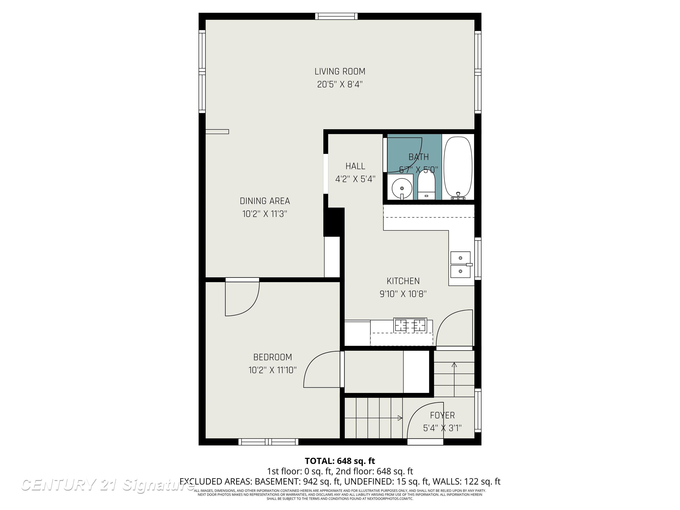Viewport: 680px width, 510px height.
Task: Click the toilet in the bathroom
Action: click(x=426, y=186)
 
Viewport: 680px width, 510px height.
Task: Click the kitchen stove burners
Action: click(x=410, y=325)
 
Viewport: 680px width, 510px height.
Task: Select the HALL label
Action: click(x=355, y=166)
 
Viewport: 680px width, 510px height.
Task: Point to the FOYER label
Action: click(x=442, y=415)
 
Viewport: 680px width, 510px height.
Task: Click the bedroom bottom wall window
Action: click(x=268, y=442)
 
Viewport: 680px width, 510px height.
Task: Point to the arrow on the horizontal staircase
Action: click(x=400, y=418)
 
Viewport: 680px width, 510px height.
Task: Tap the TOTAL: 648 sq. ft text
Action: click(x=340, y=461)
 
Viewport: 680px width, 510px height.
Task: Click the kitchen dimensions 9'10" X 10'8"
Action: click(x=403, y=294)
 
